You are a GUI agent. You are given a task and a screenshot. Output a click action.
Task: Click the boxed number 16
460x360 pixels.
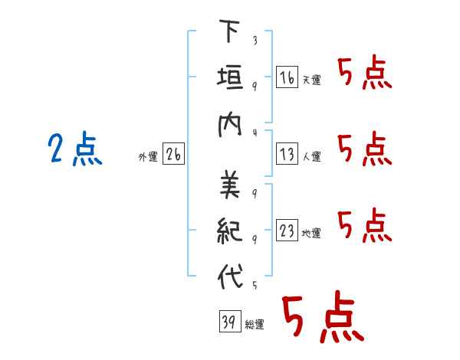point(287,77)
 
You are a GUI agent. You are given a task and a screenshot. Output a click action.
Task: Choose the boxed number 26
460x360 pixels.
point(173,155)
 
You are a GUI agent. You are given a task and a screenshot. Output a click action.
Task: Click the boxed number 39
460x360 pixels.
point(228,322)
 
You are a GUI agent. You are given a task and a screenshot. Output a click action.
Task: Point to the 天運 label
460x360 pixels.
point(311,80)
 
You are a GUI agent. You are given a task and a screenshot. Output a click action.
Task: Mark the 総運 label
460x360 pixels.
point(255,325)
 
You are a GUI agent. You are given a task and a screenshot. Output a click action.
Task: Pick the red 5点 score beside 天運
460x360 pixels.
point(365,74)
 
